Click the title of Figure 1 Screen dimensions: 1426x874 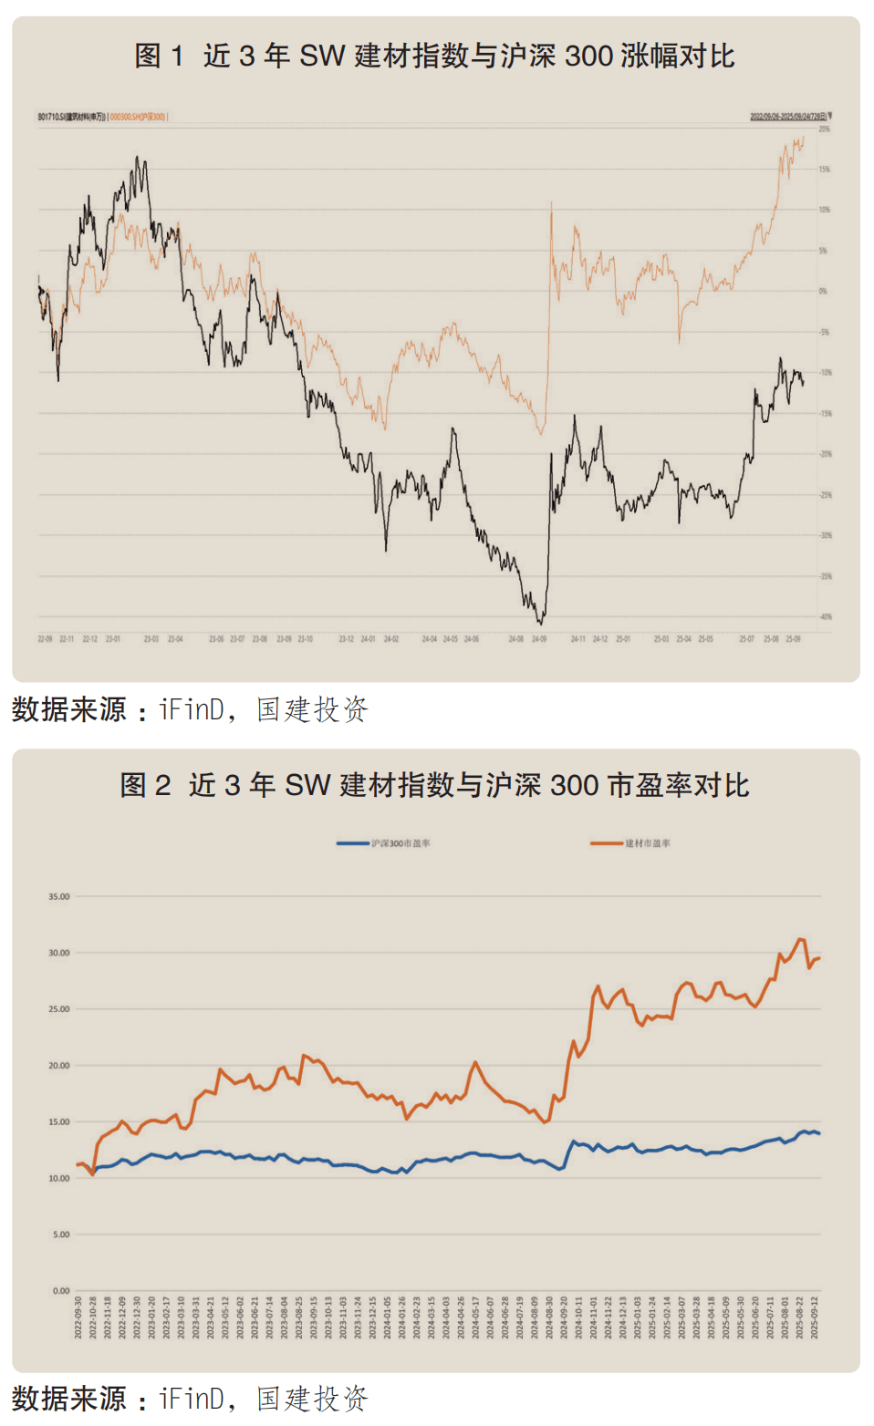point(434,57)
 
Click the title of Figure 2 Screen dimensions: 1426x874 point(434,785)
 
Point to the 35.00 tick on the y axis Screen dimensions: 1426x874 point(59,897)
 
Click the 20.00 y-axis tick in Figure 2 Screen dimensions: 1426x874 point(59,1066)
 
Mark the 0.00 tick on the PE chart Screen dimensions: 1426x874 point(61,1291)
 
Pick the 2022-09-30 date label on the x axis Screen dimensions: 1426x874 point(78,1317)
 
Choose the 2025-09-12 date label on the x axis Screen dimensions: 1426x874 point(815,1317)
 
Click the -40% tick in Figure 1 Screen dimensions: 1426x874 point(826,617)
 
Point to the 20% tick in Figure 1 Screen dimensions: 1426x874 point(825,129)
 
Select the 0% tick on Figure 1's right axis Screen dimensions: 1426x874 point(824,292)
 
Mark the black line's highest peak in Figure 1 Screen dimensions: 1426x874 point(138,158)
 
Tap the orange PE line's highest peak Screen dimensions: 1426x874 point(800,939)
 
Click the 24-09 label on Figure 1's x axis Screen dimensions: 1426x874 point(539,639)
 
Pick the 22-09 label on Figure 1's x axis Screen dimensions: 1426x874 point(45,639)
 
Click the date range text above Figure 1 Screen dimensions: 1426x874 point(788,117)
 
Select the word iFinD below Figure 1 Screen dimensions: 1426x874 point(192,709)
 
